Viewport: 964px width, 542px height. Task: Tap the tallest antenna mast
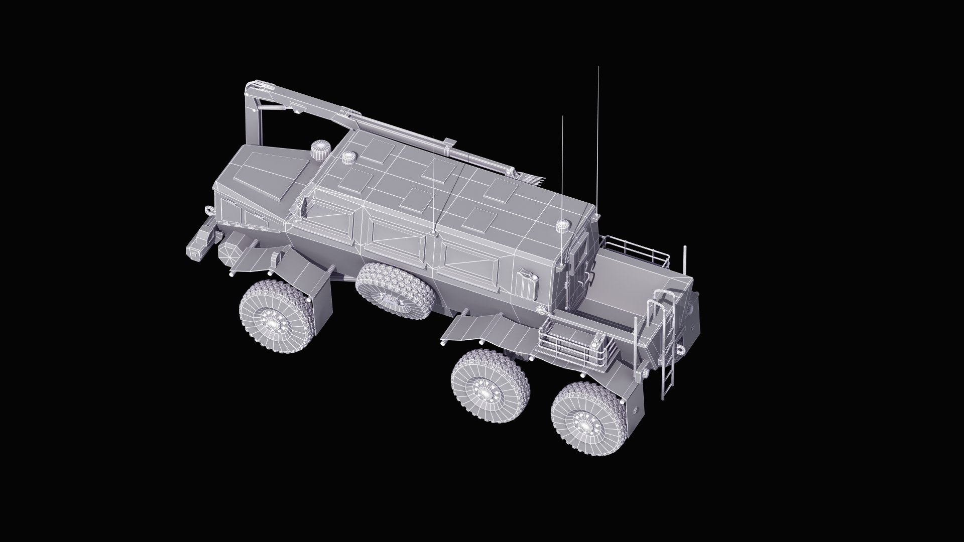point(598,141)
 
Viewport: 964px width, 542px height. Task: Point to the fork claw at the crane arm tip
point(534,178)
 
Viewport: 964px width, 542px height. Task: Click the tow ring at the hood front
point(207,210)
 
